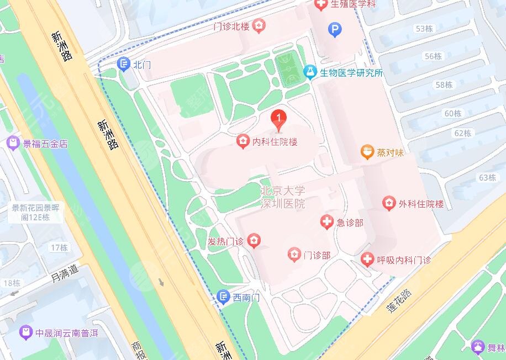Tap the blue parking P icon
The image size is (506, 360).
(334, 29)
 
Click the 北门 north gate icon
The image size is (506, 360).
(125, 65)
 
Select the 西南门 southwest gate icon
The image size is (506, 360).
(223, 298)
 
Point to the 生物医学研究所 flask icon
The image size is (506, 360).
(310, 72)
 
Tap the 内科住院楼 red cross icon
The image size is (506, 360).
(242, 142)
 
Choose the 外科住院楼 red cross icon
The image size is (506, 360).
(389, 204)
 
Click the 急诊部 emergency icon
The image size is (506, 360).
(327, 223)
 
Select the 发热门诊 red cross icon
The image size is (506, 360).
(254, 241)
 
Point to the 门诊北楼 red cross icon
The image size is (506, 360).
(259, 25)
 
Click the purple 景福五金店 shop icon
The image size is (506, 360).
(12, 144)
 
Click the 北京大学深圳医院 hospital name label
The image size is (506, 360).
(282, 197)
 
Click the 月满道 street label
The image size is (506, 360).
(65, 271)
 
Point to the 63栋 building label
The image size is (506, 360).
(487, 177)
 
